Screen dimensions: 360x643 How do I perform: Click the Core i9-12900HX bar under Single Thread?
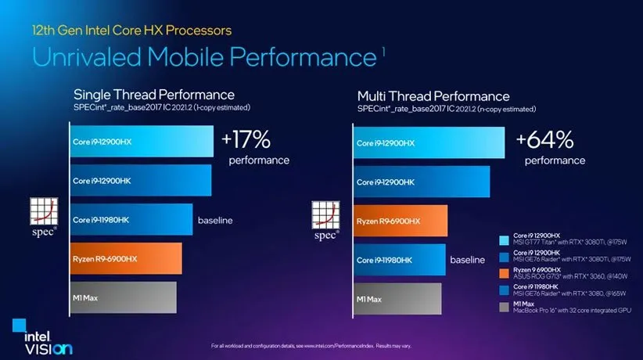(x=141, y=142)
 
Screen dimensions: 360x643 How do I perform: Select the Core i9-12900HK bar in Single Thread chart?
(x=139, y=180)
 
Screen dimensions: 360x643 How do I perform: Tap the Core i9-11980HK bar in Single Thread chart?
(x=131, y=219)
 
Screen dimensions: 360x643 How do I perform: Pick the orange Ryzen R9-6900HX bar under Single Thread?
(x=125, y=258)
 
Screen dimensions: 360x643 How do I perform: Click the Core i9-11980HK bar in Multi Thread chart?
(x=399, y=260)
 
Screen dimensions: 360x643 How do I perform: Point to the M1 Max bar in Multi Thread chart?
(x=397, y=298)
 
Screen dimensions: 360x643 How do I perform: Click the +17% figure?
(x=246, y=140)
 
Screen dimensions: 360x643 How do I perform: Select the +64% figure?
(x=545, y=140)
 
